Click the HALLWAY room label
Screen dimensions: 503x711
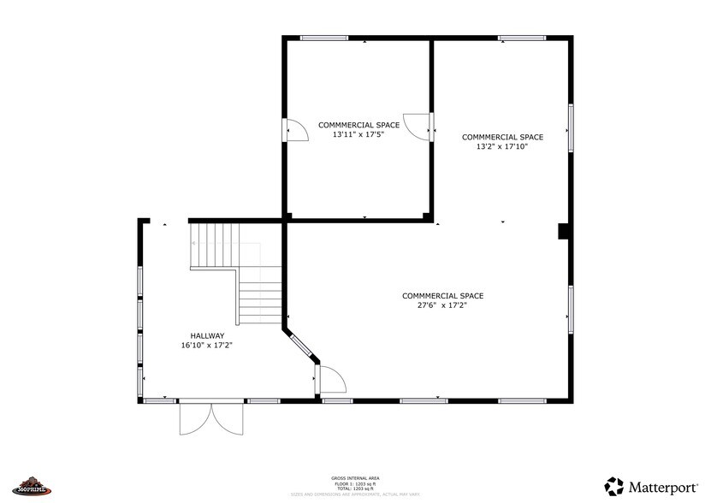pyautogui.click(x=207, y=335)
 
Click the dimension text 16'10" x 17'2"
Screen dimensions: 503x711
pyautogui.click(x=207, y=346)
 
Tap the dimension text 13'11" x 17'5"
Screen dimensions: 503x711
pyautogui.click(x=358, y=134)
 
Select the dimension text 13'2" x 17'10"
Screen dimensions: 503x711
pyautogui.click(x=502, y=146)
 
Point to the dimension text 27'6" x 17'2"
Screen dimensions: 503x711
pyautogui.click(x=442, y=305)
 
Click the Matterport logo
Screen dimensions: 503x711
pyautogui.click(x=651, y=487)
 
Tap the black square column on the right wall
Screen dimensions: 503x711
pyautogui.click(x=564, y=231)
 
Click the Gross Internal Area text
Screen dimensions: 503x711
pyautogui.click(x=355, y=478)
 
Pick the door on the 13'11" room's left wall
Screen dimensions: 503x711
pyautogui.click(x=295, y=130)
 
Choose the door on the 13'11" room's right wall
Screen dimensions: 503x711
pyautogui.click(x=419, y=126)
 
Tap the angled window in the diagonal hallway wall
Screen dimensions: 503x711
pyautogui.click(x=300, y=346)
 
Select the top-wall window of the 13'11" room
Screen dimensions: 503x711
pyautogui.click(x=324, y=38)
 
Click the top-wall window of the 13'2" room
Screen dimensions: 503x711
pyautogui.click(x=522, y=38)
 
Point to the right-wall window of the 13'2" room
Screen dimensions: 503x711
pyautogui.click(x=571, y=128)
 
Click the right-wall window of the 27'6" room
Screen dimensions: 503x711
pyautogui.click(x=571, y=310)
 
